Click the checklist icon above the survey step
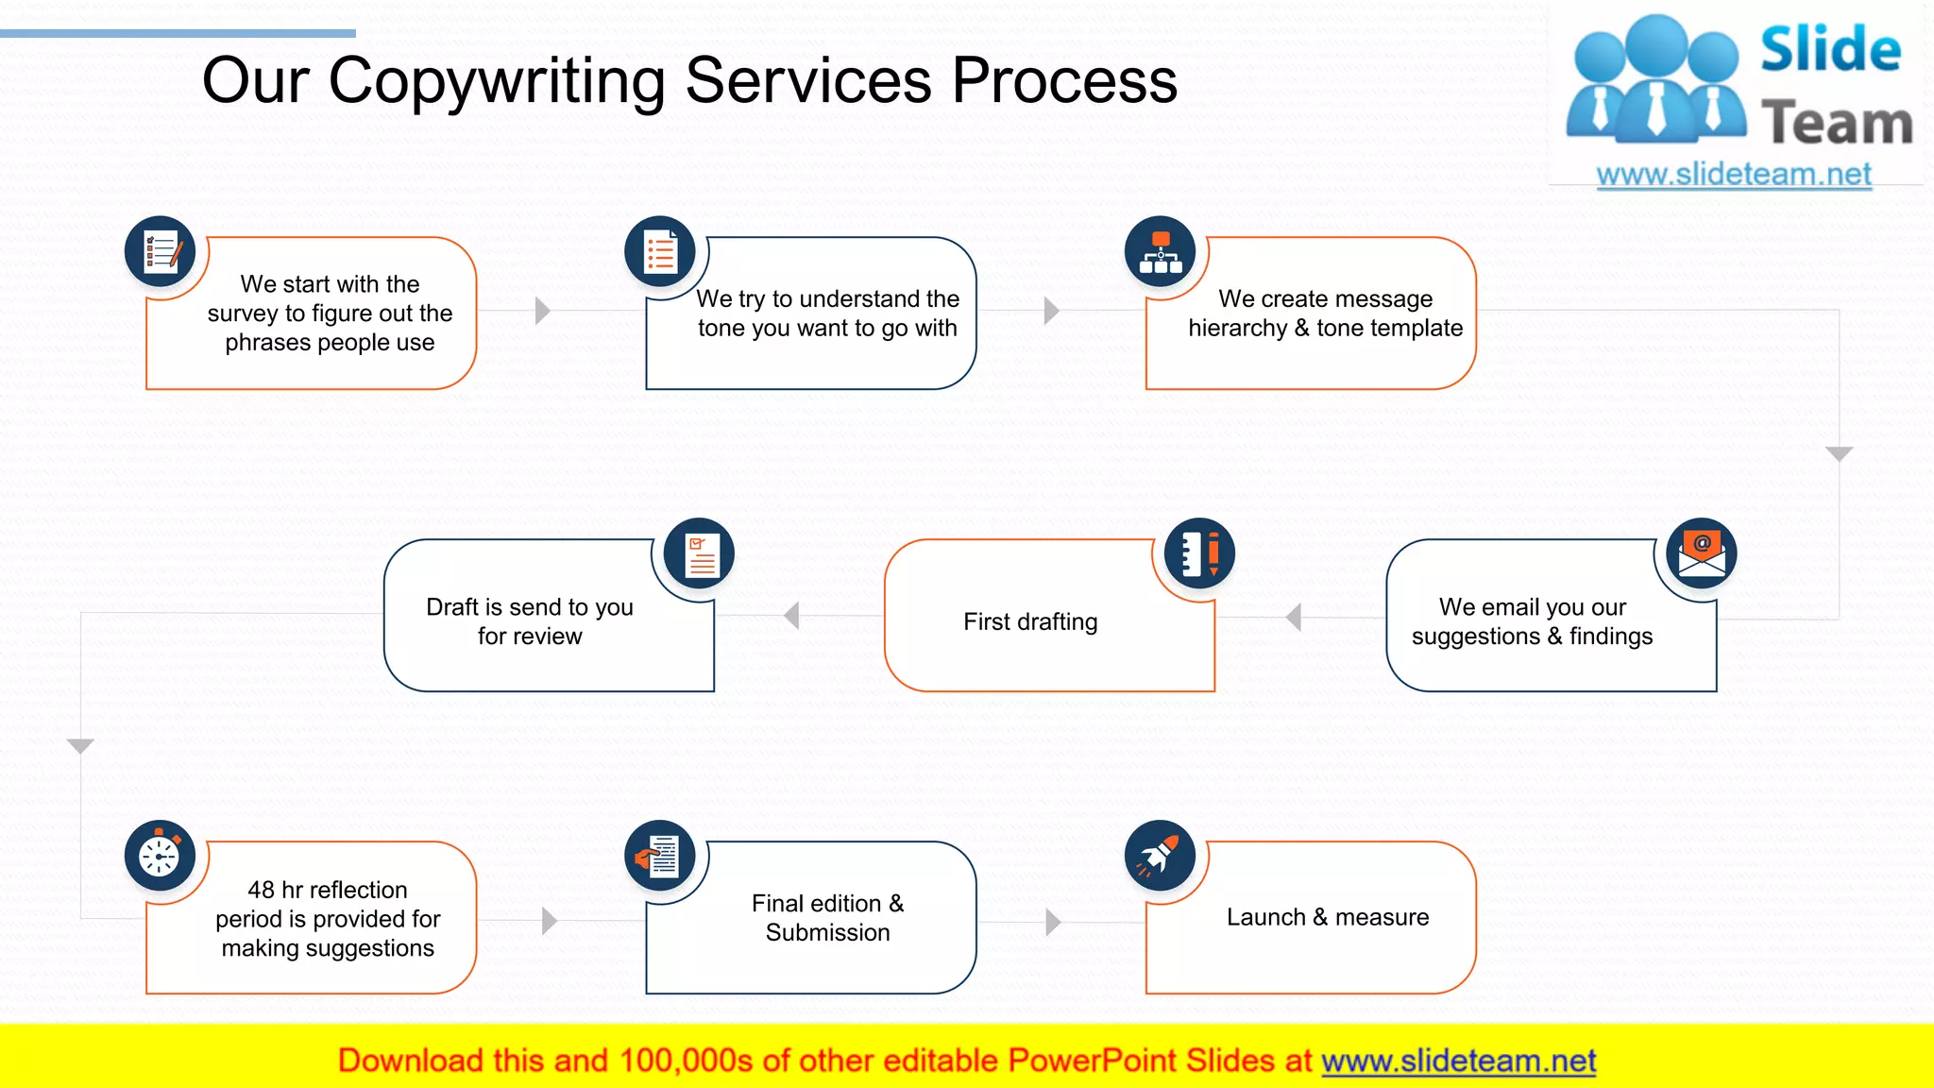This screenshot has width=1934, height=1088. point(161,252)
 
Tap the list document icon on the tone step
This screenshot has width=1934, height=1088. point(660,252)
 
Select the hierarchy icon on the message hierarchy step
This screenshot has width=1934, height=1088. point(1160,252)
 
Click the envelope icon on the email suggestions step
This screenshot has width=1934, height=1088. point(1702,553)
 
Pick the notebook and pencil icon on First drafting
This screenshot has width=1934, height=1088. point(1199,553)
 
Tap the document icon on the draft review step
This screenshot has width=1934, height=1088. point(700,554)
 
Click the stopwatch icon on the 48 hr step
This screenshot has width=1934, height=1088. point(161,856)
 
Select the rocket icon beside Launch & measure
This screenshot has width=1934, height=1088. point(1160,856)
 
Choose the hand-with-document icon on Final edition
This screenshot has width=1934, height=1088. point(660,856)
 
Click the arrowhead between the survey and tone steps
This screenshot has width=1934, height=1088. point(542,311)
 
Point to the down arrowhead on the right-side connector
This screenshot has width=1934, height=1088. point(1839,454)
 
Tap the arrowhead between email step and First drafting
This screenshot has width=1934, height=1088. point(1294,618)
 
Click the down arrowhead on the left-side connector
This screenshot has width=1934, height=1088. point(81,746)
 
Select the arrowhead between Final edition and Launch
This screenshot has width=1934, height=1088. point(1053,922)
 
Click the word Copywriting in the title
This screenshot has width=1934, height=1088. point(499,81)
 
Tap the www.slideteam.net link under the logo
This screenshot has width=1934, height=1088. point(1734,175)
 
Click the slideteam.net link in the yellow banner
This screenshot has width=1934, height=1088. point(1458,1061)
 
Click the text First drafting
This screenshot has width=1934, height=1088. point(1030,621)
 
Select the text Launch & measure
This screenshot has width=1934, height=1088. point(1327,917)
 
